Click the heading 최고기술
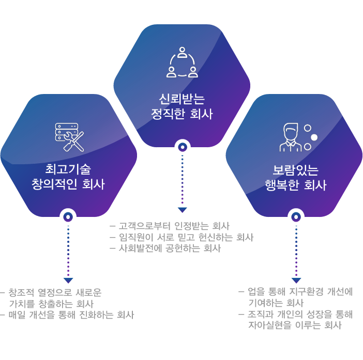(x=68, y=169)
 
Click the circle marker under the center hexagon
(x=182, y=147)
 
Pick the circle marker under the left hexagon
(x=68, y=217)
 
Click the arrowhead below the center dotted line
(x=182, y=210)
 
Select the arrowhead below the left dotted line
(x=68, y=280)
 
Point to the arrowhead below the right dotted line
(x=296, y=280)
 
